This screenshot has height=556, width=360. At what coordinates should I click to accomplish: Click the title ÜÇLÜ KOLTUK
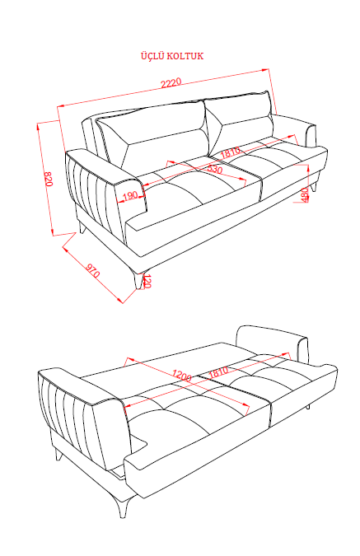pos(172,56)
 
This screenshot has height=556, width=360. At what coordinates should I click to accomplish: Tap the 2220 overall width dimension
pos(171,83)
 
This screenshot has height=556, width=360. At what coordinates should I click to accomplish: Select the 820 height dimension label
pos(48,179)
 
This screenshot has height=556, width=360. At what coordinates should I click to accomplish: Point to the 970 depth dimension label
pos(93,270)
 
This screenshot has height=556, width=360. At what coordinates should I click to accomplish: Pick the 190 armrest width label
pos(130,195)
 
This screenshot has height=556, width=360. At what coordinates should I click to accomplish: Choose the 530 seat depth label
pos(215,169)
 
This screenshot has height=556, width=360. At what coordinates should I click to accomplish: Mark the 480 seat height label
pos(304,194)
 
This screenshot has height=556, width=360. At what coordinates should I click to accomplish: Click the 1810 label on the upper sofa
pos(231,152)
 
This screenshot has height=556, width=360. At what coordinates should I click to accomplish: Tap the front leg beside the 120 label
pos(138,278)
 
